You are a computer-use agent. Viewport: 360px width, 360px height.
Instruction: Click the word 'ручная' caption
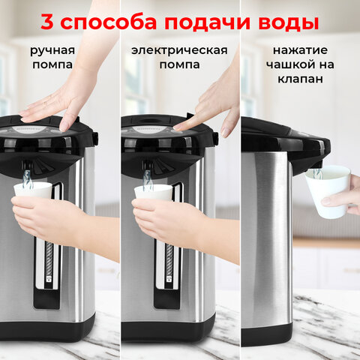click(52, 51)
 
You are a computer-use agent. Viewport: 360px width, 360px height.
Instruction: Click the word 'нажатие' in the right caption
click(300, 51)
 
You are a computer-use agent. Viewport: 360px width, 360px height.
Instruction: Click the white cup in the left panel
click(33, 190)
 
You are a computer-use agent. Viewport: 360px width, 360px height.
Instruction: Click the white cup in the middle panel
click(153, 193)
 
